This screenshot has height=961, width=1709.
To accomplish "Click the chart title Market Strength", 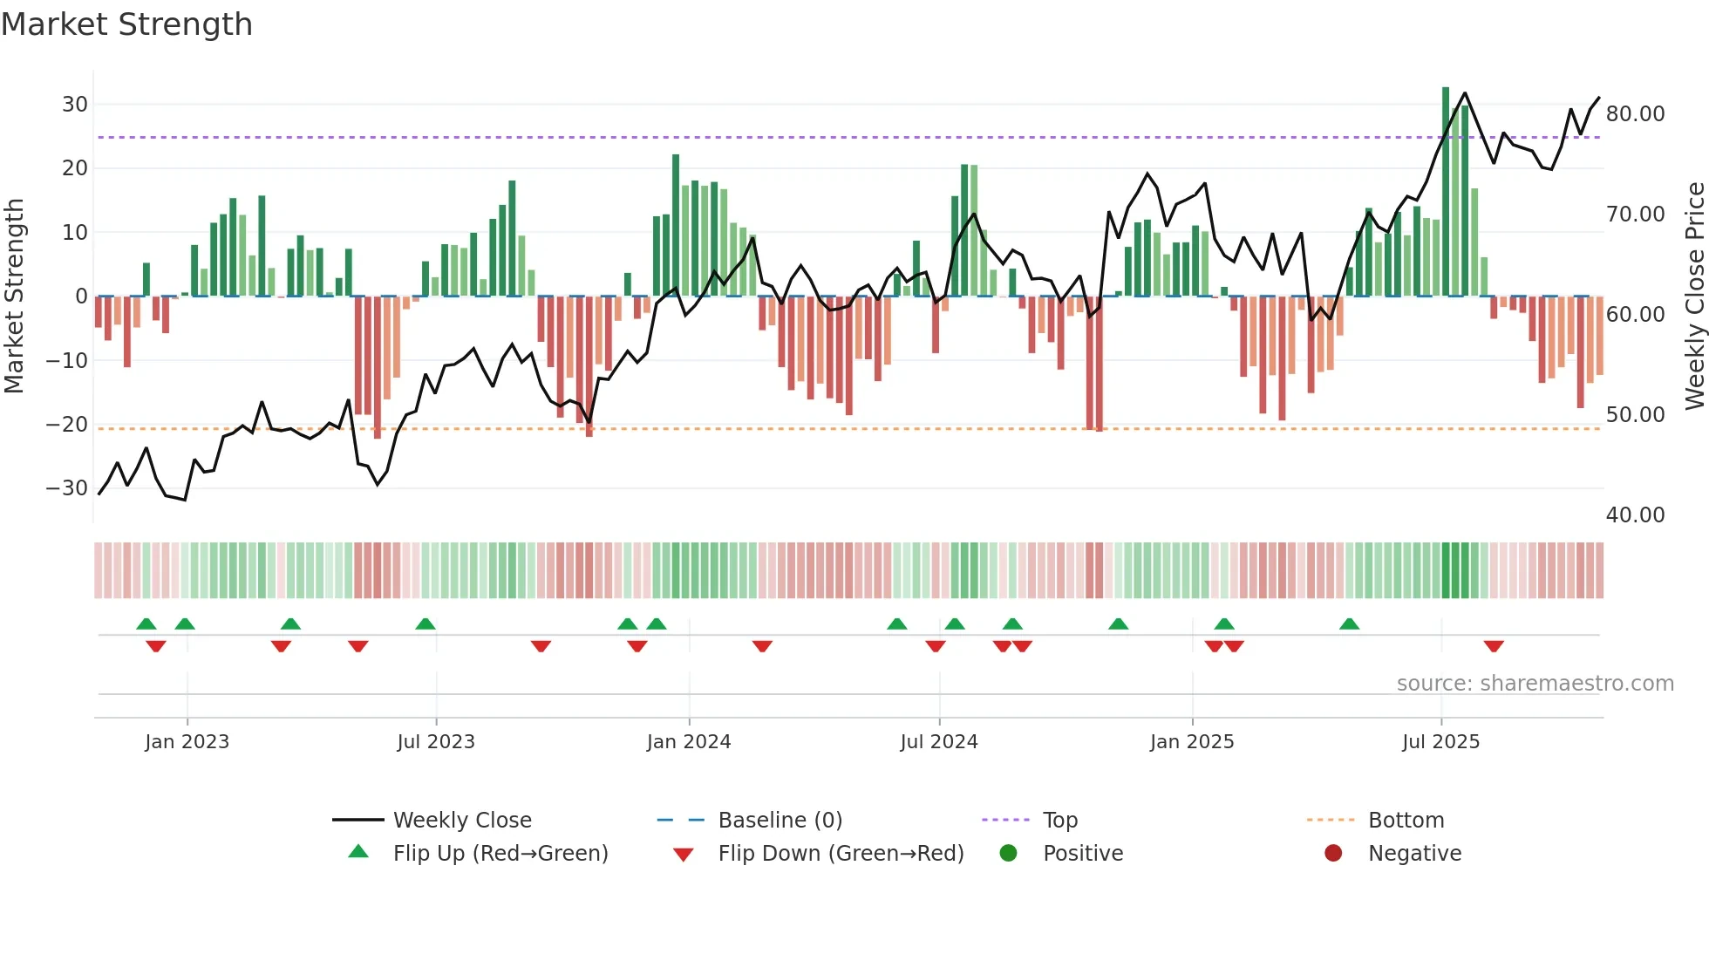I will pyautogui.click(x=126, y=24).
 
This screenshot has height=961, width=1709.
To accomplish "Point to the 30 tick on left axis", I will pyautogui.click(x=75, y=105).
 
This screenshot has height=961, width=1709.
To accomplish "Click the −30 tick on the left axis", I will pyautogui.click(x=67, y=488).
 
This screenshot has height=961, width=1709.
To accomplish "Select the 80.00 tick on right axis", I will pyautogui.click(x=1635, y=114).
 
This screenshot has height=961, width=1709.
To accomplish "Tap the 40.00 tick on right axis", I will pyautogui.click(x=1635, y=515).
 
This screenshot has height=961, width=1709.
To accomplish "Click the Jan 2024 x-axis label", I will pyautogui.click(x=688, y=742).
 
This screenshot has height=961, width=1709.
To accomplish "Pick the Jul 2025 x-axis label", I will pyautogui.click(x=1440, y=742).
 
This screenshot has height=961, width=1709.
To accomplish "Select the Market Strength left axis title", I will pyautogui.click(x=14, y=296).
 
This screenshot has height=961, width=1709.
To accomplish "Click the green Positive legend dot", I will pyautogui.click(x=1008, y=854).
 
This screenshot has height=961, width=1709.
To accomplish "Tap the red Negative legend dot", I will pyautogui.click(x=1332, y=854).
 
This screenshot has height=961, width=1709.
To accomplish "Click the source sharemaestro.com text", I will pyautogui.click(x=1535, y=684).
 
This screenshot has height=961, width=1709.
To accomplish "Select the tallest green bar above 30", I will pyautogui.click(x=1445, y=192).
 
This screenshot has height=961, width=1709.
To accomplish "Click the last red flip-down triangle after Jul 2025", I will pyautogui.click(x=1493, y=646).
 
